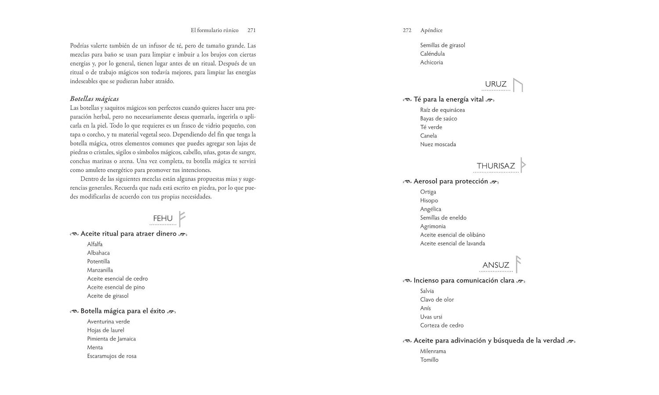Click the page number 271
coord(251,30)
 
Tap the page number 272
coord(407,30)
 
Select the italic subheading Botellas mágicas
coord(94,99)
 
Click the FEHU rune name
coord(163,218)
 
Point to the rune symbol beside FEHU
coord(181,218)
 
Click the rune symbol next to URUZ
coord(518,85)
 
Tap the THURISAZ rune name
coord(496,166)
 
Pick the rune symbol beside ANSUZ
coord(518,264)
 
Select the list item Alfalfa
coord(95,244)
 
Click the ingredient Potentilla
coord(98,261)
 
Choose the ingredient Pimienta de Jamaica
coord(112,339)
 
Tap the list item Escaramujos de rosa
coord(112,356)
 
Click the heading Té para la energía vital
coord(449,99)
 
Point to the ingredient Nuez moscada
coord(438,144)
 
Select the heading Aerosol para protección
coord(451,181)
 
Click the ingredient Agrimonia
coord(433,226)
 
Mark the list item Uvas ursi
coord(431,316)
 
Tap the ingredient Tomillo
coord(429,359)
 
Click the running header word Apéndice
coord(431,30)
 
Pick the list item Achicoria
coord(431,62)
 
